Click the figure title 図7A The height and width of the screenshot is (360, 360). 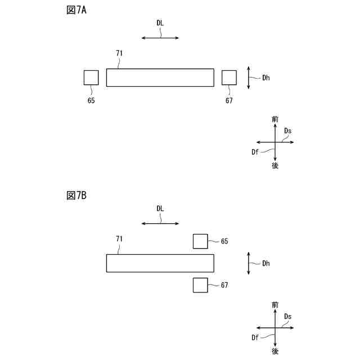coord(76,10)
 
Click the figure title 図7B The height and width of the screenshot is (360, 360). coord(76,195)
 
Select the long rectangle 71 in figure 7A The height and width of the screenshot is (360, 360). coord(160,77)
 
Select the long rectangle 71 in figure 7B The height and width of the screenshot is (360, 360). coord(160,263)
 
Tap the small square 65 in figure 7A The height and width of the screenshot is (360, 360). coord(91,77)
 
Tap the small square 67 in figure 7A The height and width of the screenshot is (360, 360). coord(229,77)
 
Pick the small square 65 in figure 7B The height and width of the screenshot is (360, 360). coord(200,241)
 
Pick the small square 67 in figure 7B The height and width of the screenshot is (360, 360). coord(200,285)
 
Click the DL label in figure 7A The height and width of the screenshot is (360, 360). coord(160,23)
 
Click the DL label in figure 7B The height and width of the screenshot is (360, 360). coord(160,208)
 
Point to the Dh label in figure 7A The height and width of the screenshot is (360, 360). coord(265,78)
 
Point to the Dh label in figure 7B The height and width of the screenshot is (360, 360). coord(265,263)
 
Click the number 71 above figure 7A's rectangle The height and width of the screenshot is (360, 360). coord(119,53)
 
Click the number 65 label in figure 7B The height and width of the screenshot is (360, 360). coord(224,241)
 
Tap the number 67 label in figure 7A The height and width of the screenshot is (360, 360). coord(229,101)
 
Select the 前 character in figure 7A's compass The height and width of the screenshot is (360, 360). coord(274,119)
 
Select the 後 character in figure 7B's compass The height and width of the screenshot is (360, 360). coord(274,351)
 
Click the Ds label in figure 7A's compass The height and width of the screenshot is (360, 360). coord(287,131)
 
